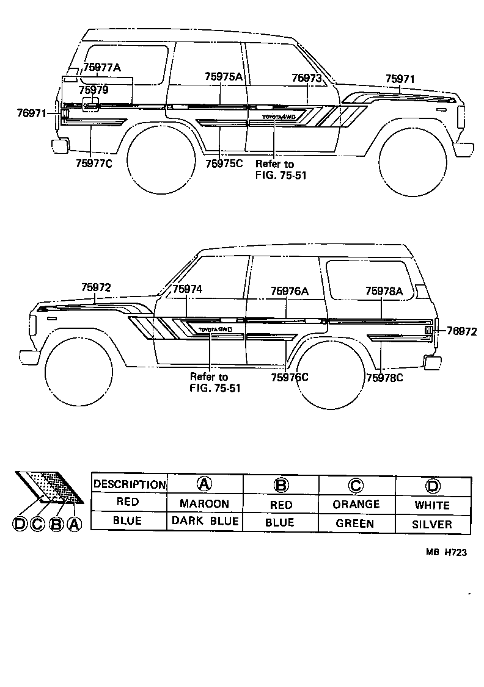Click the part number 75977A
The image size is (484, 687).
click(x=101, y=68)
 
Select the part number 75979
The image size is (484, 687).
click(x=94, y=90)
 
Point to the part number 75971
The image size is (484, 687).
click(x=400, y=79)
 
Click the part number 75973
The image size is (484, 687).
click(x=306, y=77)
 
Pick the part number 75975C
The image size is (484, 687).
click(x=224, y=163)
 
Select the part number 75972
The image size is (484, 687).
click(x=96, y=287)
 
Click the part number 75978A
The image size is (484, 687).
click(x=384, y=292)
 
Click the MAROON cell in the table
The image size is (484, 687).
click(x=204, y=504)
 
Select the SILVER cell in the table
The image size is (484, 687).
click(x=432, y=523)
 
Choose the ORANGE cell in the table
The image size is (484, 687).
click(x=356, y=504)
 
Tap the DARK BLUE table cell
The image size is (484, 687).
click(x=204, y=522)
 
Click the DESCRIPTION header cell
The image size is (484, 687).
click(x=129, y=484)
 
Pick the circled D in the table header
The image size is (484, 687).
click(x=432, y=485)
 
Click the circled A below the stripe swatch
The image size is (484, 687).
click(x=74, y=523)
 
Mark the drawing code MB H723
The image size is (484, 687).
click(x=446, y=553)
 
